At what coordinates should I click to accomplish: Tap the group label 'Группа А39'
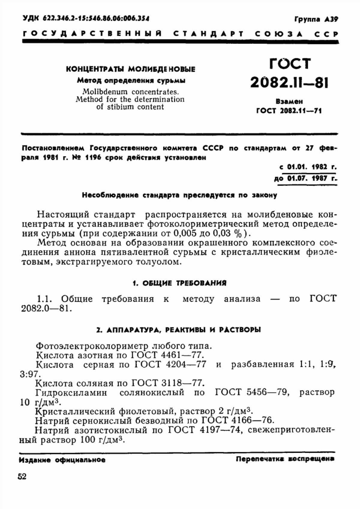(316, 19)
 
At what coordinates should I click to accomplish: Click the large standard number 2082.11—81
(289, 82)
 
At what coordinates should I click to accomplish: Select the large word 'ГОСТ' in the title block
(290, 64)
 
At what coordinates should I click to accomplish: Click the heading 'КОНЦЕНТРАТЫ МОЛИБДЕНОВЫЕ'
(130, 69)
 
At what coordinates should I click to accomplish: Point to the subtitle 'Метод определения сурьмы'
(131, 80)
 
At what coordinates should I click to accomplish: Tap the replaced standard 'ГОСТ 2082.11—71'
(289, 111)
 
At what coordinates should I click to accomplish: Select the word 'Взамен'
(289, 102)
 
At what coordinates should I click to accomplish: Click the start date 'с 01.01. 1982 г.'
(307, 167)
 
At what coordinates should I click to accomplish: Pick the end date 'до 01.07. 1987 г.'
(305, 179)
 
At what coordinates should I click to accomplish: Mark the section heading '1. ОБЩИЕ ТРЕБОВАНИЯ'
(179, 283)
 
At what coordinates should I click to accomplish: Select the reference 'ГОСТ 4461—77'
(167, 355)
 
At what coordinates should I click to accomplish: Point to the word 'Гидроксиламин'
(71, 393)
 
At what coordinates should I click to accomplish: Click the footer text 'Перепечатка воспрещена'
(285, 459)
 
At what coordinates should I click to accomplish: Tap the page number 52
(22, 477)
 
